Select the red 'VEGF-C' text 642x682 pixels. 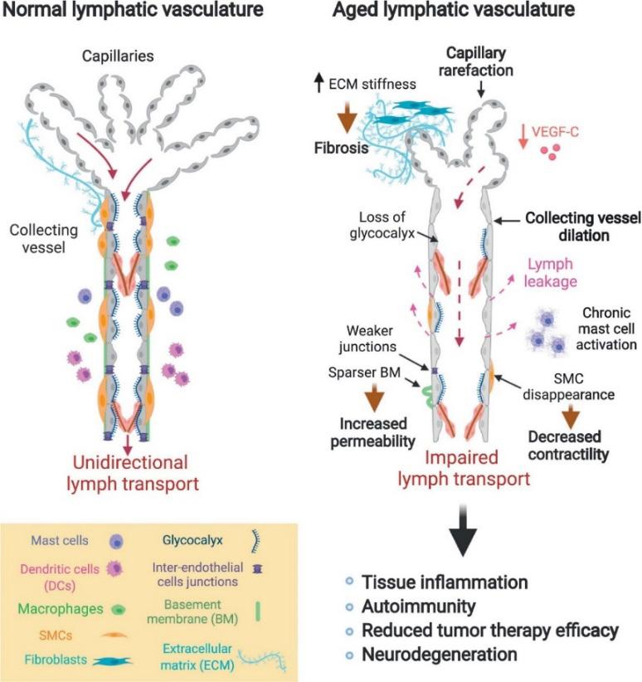point(565,129)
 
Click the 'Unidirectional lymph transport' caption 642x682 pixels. point(134,471)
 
